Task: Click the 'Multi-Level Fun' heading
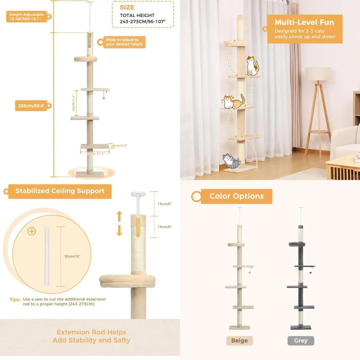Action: tap(304, 22)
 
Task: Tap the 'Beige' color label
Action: tap(239, 341)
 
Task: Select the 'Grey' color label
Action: tap(301, 341)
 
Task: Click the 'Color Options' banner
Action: tap(237, 196)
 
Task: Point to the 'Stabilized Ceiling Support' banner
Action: tap(60, 191)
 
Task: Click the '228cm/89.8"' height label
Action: tap(31, 106)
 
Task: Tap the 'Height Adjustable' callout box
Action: tap(26, 17)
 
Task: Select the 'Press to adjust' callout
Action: tap(125, 42)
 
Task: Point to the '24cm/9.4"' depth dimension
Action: tap(119, 145)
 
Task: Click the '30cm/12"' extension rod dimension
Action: tap(72, 256)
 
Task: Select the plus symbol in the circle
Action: tap(32, 231)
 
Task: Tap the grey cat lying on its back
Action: tap(231, 161)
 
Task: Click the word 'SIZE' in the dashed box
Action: tap(127, 7)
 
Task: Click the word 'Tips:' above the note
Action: tap(15, 299)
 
